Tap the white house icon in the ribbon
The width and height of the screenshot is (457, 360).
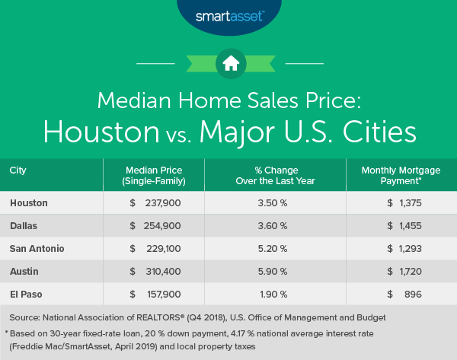(x=228, y=64)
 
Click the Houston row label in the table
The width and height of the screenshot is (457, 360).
(x=29, y=203)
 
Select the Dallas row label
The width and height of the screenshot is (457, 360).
(x=24, y=226)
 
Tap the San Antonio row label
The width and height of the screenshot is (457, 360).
(x=36, y=249)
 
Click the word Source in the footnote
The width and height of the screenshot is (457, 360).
(x=25, y=316)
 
